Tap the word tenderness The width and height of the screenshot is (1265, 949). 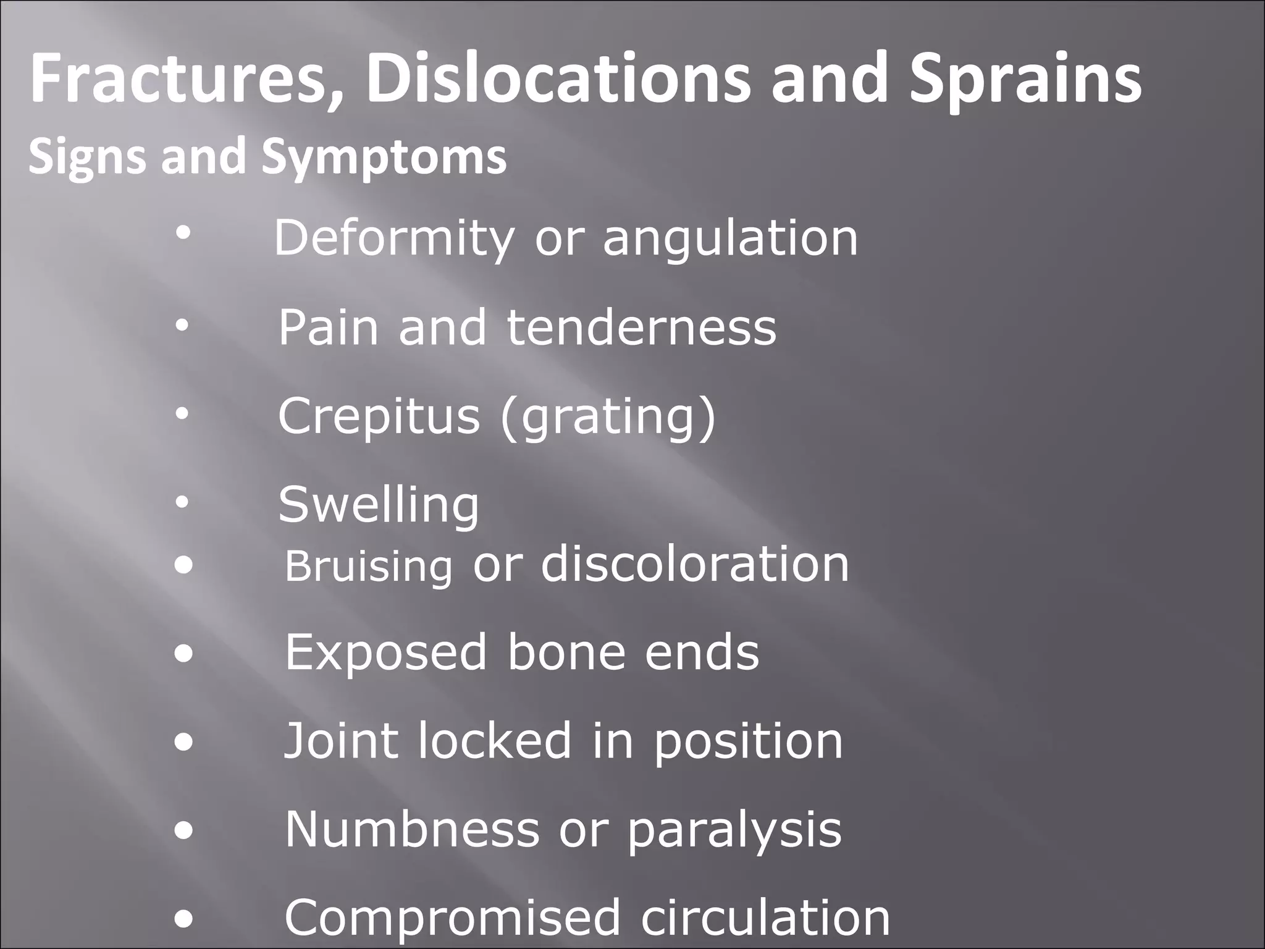(641, 327)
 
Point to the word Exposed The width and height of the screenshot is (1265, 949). (386, 652)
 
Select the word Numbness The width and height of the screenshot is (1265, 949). (412, 830)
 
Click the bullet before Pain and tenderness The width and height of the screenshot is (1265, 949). (181, 327)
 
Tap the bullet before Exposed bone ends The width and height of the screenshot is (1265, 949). (183, 654)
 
